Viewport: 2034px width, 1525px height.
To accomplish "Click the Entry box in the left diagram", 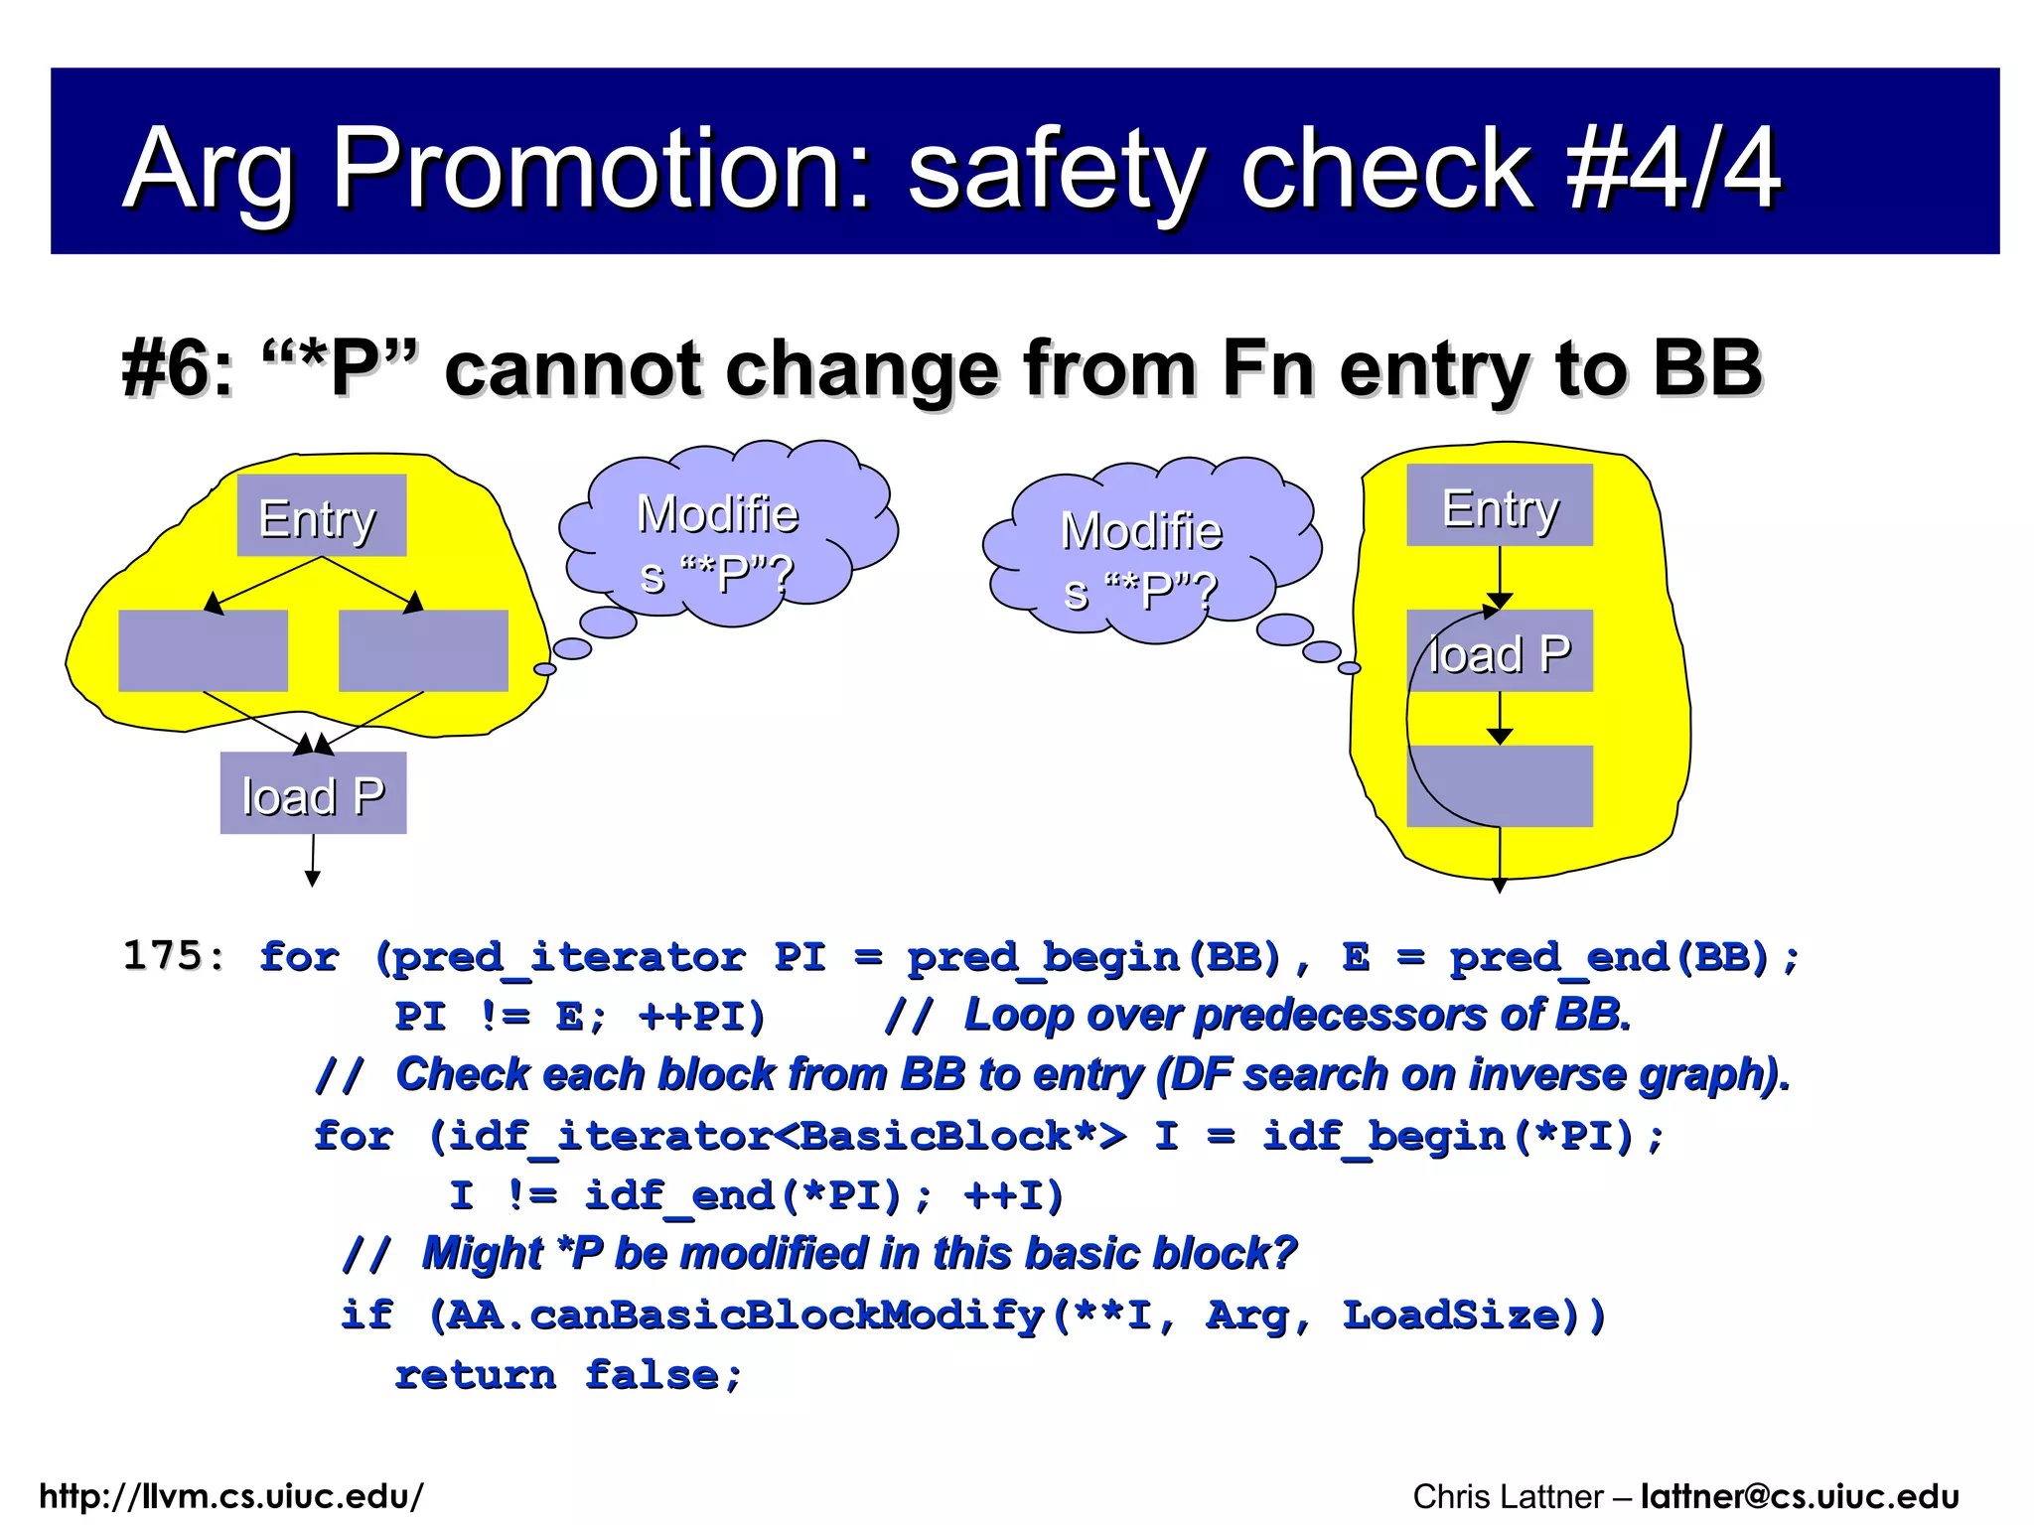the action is pos(321,515).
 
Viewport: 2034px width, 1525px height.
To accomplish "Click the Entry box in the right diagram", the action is pos(1499,505).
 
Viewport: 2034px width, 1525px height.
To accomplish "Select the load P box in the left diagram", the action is pos(313,793).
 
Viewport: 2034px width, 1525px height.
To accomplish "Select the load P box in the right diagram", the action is pos(1499,651).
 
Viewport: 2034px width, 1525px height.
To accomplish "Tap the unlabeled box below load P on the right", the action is pos(1499,785).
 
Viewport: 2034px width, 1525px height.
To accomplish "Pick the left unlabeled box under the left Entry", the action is pos(203,650).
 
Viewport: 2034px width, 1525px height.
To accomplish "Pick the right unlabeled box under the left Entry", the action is pos(423,650).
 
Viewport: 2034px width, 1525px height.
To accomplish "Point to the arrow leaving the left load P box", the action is pos(313,860).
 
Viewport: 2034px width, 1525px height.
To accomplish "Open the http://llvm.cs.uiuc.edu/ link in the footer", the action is pos(231,1495).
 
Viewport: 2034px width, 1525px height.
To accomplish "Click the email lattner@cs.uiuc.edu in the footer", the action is pos(1799,1495).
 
